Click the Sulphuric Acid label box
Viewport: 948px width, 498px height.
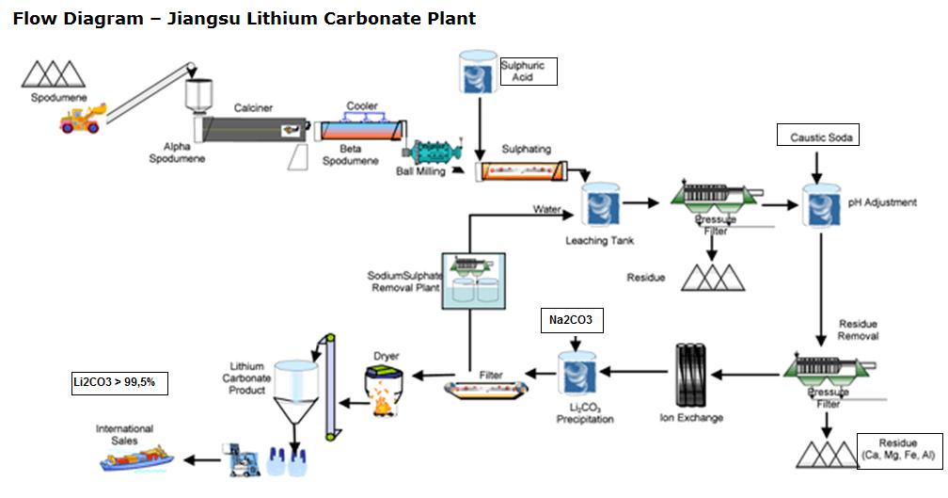point(528,72)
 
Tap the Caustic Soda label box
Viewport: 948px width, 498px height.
point(818,137)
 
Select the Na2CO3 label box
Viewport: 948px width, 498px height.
point(571,321)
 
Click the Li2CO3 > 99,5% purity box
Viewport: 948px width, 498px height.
point(119,382)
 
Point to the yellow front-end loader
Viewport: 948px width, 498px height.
point(83,119)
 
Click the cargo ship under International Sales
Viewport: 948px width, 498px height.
point(135,458)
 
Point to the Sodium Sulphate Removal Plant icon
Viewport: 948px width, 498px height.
point(474,280)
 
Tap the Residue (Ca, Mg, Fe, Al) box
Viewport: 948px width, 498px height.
point(899,450)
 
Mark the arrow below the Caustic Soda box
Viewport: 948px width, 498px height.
point(817,166)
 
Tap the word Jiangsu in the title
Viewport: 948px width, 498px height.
point(200,18)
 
